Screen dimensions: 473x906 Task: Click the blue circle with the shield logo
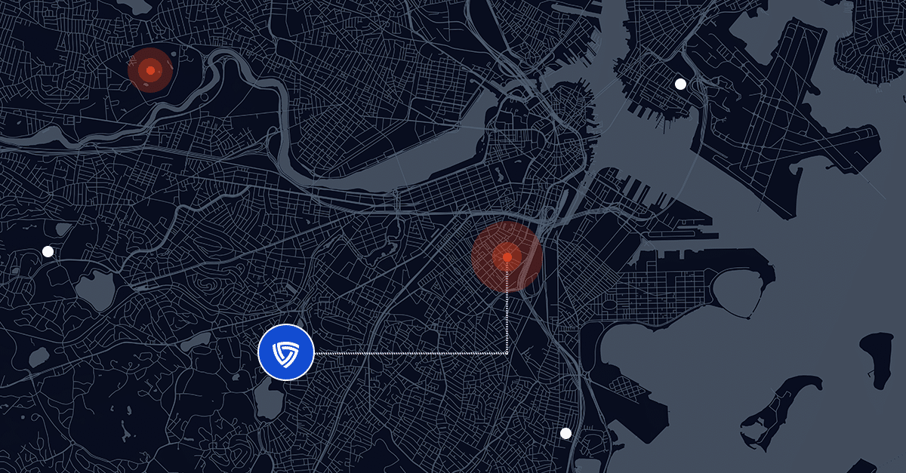286,352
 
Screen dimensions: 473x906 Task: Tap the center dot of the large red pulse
507,257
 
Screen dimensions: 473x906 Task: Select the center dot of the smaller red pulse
150,70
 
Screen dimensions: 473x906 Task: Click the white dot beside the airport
680,84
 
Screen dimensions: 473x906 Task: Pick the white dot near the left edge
48,251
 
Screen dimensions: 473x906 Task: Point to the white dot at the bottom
565,433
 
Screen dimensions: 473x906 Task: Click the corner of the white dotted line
507,352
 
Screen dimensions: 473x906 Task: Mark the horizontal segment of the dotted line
408,352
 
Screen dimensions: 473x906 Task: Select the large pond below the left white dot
95,290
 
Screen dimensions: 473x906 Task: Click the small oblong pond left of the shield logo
194,341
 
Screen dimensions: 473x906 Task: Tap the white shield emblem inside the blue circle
286,352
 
